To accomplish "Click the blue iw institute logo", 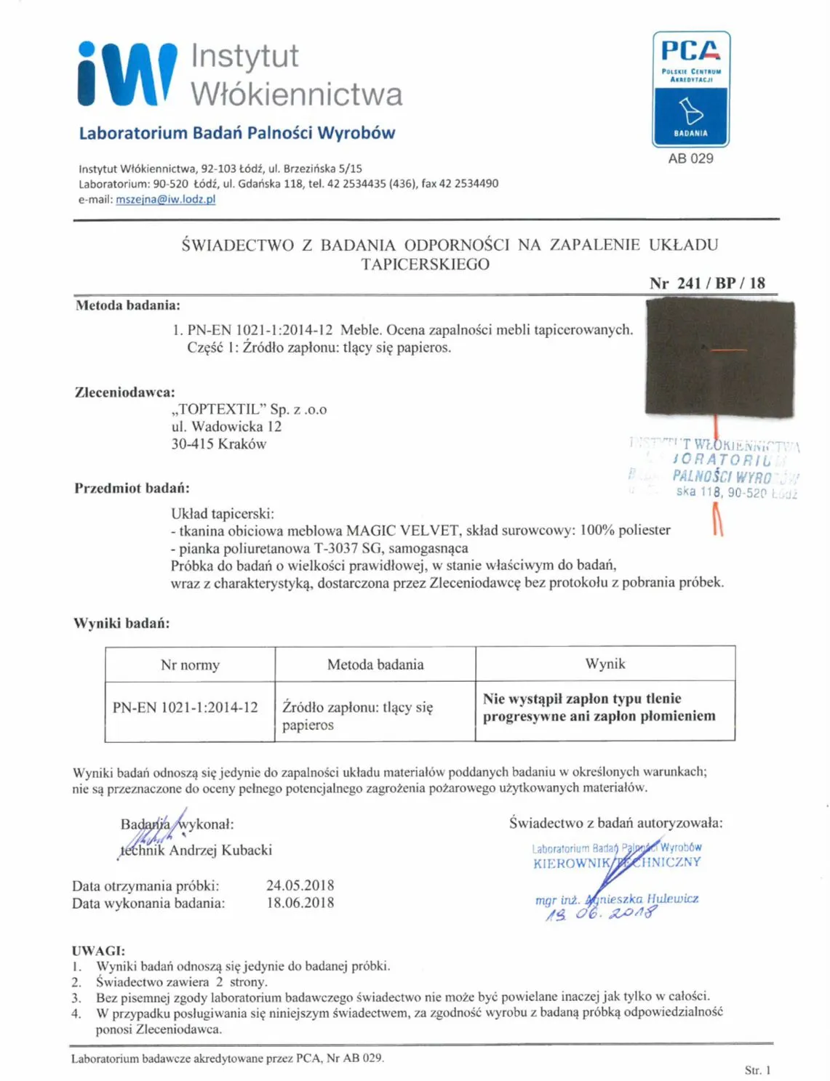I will pyautogui.click(x=127, y=73).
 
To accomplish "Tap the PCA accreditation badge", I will pyautogui.click(x=690, y=89).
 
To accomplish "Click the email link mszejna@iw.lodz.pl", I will pyautogui.click(x=165, y=199).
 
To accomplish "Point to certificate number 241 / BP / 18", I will pyautogui.click(x=707, y=283).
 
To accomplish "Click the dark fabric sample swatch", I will pyautogui.click(x=719, y=359).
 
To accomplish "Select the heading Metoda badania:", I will pyautogui.click(x=127, y=305).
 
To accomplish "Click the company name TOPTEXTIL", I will pyautogui.click(x=219, y=409).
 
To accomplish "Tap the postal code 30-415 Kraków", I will pyautogui.click(x=218, y=444).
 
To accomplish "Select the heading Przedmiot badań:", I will pyautogui.click(x=132, y=488).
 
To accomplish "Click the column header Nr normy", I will pyautogui.click(x=190, y=664).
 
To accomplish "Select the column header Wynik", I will pyautogui.click(x=604, y=664).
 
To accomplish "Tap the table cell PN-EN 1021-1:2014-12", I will pyautogui.click(x=185, y=707).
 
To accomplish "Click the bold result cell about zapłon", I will pyautogui.click(x=599, y=707).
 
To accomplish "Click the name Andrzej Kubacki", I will pyautogui.click(x=220, y=850).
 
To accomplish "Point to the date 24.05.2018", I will pyautogui.click(x=300, y=885).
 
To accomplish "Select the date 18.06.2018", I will pyautogui.click(x=300, y=903).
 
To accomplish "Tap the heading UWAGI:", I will pyautogui.click(x=98, y=951).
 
